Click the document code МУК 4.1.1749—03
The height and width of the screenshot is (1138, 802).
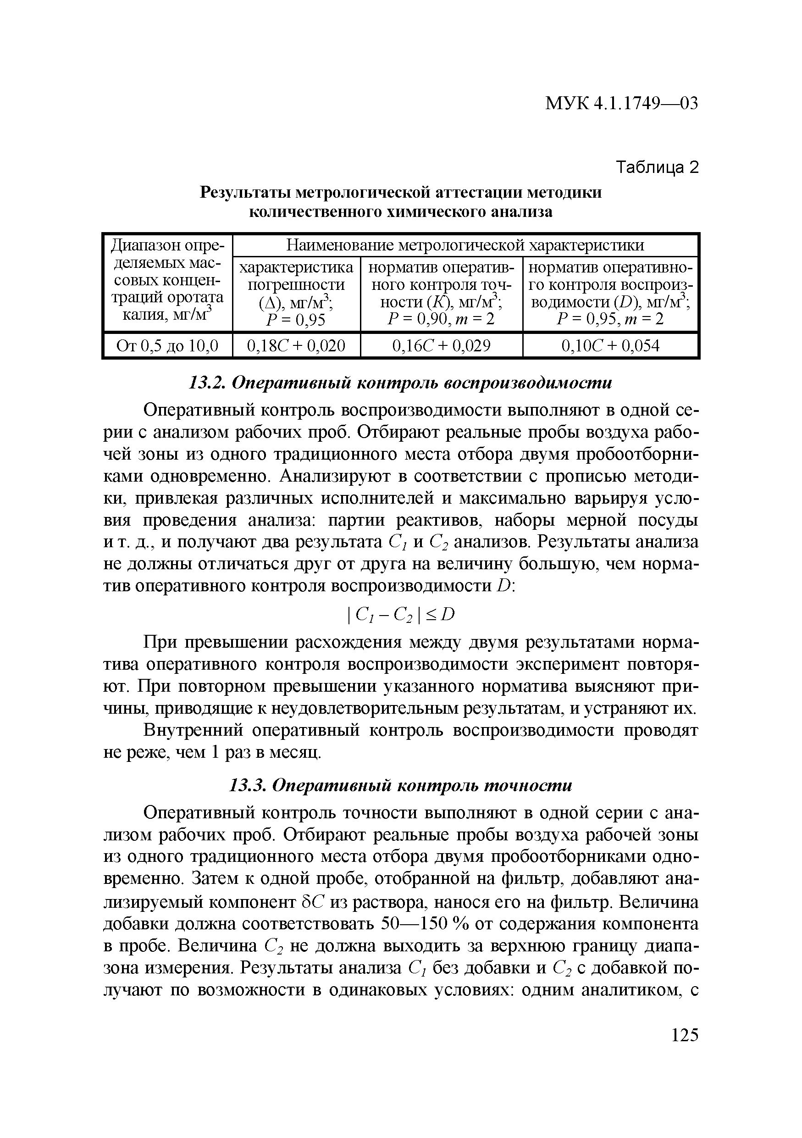(621, 103)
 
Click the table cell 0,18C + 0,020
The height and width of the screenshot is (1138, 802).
(296, 345)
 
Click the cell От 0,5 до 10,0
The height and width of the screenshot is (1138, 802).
(167, 345)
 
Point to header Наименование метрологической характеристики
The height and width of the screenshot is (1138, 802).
(465, 245)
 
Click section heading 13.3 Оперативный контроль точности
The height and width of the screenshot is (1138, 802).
(401, 785)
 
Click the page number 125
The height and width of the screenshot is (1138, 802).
(684, 1035)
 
